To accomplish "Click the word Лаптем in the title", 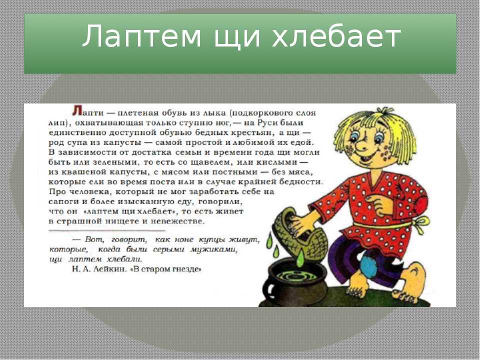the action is pos(141,36).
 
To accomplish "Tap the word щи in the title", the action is pos(237,38).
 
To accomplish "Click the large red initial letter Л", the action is pos(77,110).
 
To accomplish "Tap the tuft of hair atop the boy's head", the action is pos(384,111).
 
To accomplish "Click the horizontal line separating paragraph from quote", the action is pos(107,230).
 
